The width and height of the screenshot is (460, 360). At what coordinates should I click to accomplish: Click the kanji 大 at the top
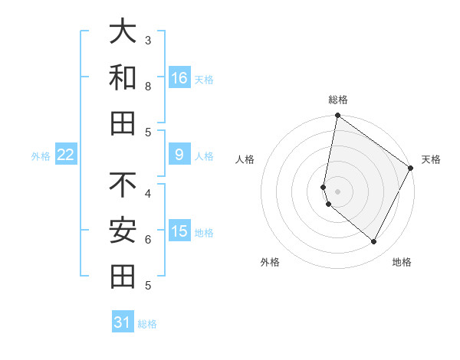coord(123,32)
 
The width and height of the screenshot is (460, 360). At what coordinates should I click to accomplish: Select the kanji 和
coord(123,77)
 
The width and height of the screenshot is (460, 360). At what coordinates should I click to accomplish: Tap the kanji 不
coord(123,185)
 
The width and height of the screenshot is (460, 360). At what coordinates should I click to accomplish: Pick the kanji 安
coord(123,230)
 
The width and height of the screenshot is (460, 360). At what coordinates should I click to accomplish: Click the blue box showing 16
coord(179,77)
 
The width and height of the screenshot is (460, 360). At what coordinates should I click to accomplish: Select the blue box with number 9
coord(179,155)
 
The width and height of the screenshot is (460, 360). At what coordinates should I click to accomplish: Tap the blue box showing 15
coord(179,231)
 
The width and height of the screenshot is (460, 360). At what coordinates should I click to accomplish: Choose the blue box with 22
coord(66,155)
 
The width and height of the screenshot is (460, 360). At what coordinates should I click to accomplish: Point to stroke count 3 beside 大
coord(148,40)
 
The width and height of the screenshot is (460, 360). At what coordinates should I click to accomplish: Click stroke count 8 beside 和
coord(148,86)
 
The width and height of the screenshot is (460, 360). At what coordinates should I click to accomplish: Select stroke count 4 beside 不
coord(148,193)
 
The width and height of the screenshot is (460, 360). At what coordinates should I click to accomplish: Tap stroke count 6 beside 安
coord(148,239)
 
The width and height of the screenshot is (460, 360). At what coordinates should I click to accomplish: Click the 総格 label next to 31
coord(147,324)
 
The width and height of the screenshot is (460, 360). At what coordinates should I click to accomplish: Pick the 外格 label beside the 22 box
coord(41,156)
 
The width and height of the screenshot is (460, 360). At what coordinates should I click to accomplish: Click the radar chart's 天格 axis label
coord(431,159)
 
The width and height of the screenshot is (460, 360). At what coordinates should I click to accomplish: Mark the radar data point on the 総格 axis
coord(337,116)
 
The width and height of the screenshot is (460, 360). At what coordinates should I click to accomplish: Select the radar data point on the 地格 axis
coord(374,242)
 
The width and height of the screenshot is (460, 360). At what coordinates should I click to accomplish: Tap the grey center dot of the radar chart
coord(337,191)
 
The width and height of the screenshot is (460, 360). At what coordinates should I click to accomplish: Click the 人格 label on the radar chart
coord(245,159)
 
